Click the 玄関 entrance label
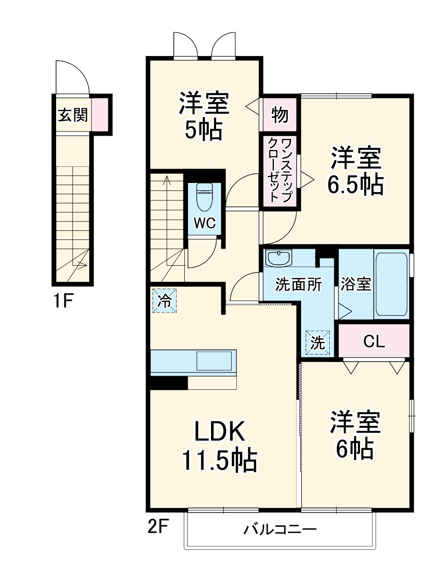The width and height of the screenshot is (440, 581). [x=72, y=114]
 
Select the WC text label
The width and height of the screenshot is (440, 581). [x=205, y=223]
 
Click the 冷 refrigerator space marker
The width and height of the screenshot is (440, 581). [x=164, y=301]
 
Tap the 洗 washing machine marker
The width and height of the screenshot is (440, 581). [x=318, y=343]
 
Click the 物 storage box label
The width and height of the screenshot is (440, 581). [x=280, y=115]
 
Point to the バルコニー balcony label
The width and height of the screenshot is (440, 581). [x=280, y=530]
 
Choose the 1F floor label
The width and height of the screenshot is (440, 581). [x=63, y=301]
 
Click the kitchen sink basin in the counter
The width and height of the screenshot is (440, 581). [x=214, y=361]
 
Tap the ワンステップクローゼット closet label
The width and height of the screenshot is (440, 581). [x=280, y=170]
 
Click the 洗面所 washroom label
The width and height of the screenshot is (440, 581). [x=298, y=285]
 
